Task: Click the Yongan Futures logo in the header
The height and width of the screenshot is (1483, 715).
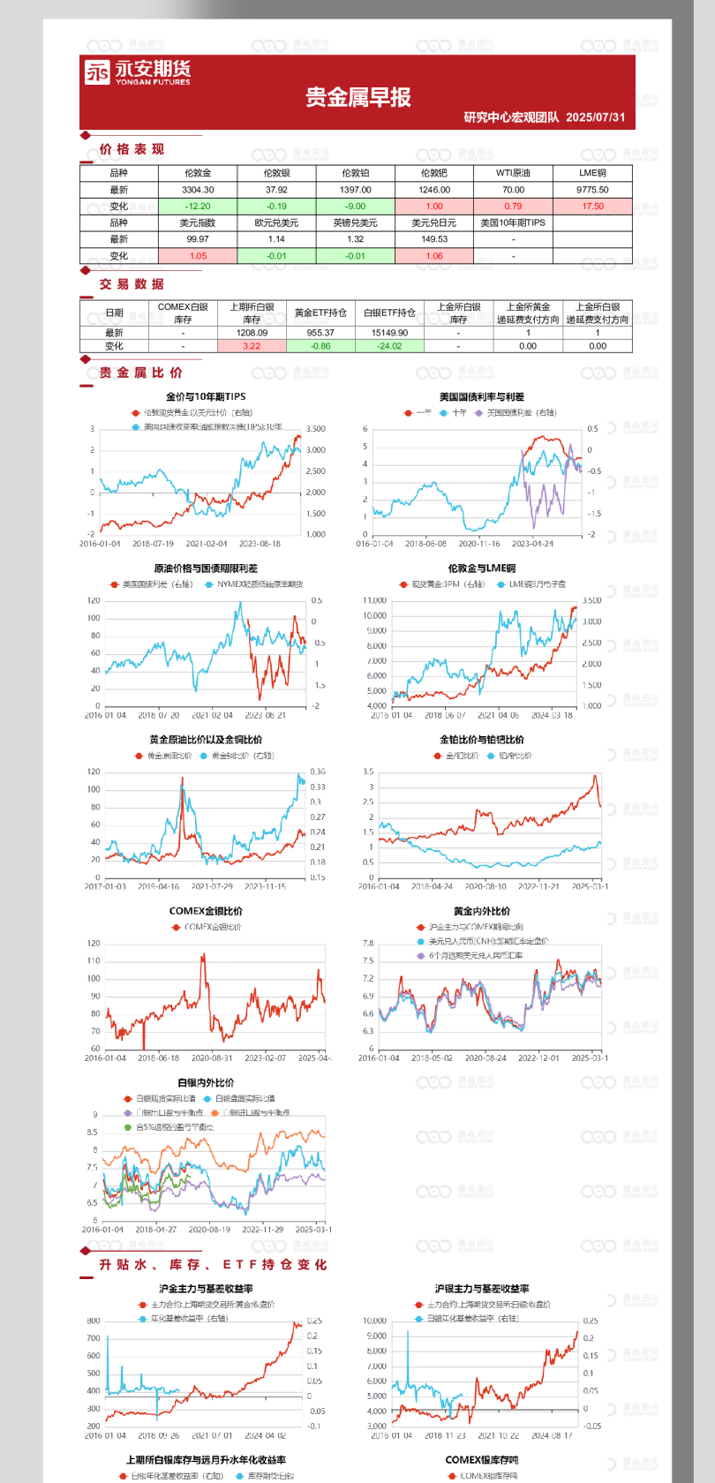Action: point(137,72)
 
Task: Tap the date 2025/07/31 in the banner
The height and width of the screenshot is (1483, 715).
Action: point(596,117)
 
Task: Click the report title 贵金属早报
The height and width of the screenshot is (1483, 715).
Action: point(358,97)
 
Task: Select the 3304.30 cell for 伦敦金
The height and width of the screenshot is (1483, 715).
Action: point(198,190)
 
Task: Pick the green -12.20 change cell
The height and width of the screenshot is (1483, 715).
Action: point(198,207)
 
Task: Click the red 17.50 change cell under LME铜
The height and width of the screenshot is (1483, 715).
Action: point(592,207)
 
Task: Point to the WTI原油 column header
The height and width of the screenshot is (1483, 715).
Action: point(513,173)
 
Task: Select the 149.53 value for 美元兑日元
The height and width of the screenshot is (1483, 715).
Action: point(434,239)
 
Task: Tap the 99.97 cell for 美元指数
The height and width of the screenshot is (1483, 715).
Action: point(198,239)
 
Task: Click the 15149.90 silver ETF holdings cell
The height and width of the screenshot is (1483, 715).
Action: point(389,333)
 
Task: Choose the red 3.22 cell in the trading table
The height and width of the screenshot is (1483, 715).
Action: point(252,346)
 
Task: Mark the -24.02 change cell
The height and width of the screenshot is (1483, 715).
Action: point(389,346)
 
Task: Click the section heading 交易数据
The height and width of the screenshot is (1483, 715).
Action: point(132,284)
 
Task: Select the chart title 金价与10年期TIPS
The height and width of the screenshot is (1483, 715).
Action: point(206,397)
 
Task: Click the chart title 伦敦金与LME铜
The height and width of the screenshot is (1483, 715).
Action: point(481,568)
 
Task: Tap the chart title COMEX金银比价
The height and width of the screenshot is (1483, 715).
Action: point(206,911)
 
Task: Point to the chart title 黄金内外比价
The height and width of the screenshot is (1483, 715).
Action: point(481,911)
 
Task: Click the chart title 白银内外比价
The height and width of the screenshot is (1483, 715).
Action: point(206,1082)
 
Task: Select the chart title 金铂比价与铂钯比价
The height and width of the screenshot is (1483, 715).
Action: point(481,740)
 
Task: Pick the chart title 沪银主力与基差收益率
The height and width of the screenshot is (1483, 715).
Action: point(481,1289)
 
